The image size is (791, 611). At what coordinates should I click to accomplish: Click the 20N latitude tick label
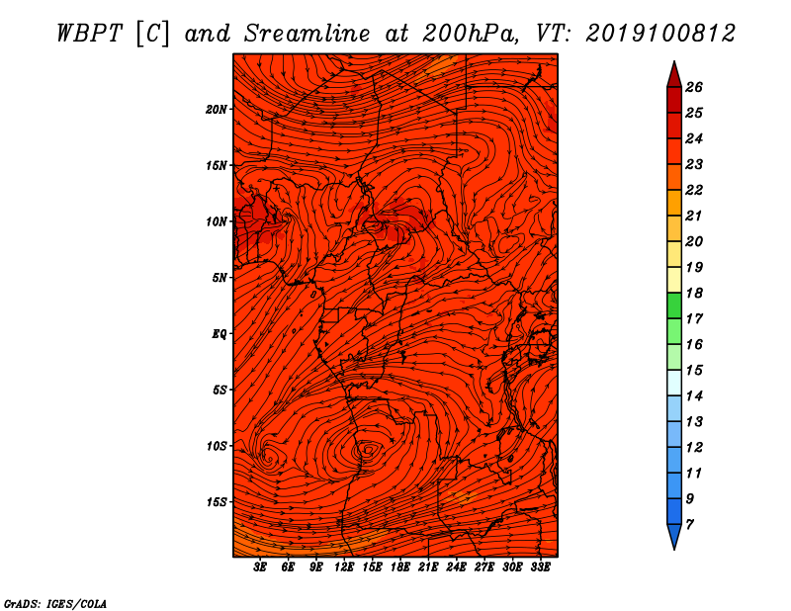point(216,110)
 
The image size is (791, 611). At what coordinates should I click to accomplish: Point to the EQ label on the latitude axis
point(219,334)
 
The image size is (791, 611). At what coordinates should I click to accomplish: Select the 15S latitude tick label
point(217,502)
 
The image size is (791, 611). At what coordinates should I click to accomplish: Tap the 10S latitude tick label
point(217,446)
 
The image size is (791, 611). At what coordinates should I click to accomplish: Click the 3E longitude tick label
point(260,567)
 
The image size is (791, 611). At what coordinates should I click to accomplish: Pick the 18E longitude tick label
point(400,567)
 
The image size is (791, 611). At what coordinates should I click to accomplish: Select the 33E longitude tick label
point(540,567)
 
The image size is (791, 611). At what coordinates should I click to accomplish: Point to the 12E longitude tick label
point(344,567)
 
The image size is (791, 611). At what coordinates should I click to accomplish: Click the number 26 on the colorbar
point(694,87)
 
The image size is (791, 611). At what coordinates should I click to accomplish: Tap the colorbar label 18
point(694,293)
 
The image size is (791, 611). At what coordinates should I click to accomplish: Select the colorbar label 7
point(689,525)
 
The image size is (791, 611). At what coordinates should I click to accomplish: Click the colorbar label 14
point(694,396)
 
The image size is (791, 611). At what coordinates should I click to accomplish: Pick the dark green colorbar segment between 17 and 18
point(674,305)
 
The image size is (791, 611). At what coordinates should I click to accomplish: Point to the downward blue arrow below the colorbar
point(674,535)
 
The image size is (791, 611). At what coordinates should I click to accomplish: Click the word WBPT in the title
point(89,34)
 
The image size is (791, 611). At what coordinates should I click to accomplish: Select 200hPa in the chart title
point(470,34)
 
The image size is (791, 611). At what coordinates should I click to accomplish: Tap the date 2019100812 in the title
point(660,34)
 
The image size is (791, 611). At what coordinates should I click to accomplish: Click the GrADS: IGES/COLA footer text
point(55,603)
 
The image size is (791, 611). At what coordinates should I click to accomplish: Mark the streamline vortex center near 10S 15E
point(368,449)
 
